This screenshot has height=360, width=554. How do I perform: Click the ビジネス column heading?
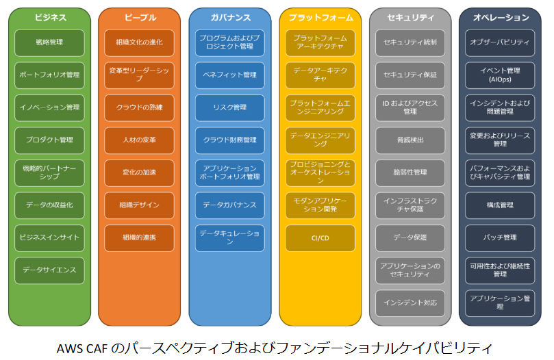click(x=49, y=17)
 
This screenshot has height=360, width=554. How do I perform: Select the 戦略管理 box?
click(x=49, y=42)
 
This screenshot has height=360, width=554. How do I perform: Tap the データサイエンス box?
click(x=49, y=270)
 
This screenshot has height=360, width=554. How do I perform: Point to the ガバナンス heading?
click(x=229, y=17)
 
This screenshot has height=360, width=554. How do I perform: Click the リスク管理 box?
click(x=229, y=107)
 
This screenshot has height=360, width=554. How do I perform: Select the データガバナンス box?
click(x=229, y=205)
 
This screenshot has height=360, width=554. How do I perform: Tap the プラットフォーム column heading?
click(x=320, y=17)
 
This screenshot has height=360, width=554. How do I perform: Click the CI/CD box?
click(x=320, y=237)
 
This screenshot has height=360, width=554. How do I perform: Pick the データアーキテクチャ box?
click(x=320, y=75)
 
